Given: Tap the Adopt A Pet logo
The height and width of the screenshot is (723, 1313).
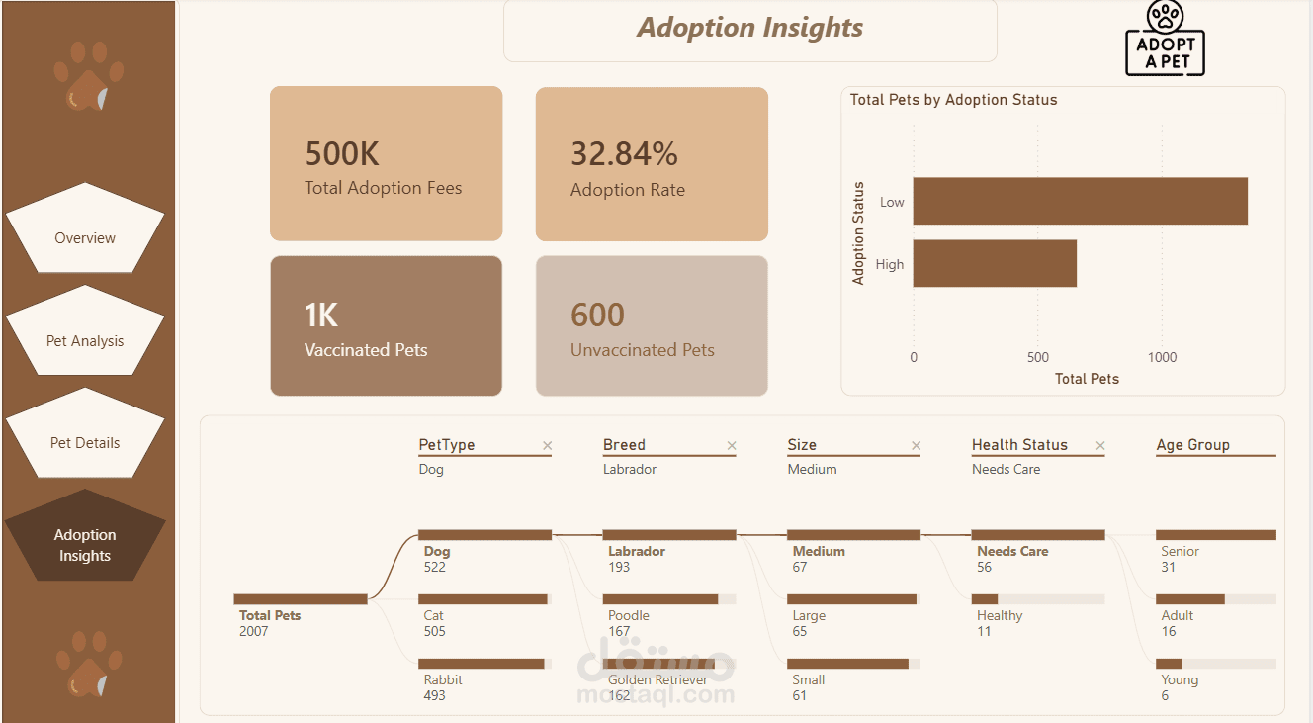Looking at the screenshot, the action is [x=1165, y=39].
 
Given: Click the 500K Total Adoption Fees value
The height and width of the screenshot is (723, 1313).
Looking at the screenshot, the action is [x=342, y=153].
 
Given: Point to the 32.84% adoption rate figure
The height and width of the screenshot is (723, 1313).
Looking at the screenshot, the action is [x=624, y=153].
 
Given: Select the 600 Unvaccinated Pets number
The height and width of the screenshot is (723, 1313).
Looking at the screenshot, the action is [x=597, y=315].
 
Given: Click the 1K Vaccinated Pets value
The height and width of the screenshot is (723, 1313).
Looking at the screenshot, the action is [x=320, y=315].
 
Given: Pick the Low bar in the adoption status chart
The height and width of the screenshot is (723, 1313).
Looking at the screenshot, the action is [x=1081, y=201].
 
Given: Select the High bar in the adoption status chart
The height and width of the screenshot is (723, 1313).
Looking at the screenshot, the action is [x=995, y=263].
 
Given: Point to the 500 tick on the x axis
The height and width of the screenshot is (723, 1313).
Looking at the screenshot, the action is [x=1037, y=357].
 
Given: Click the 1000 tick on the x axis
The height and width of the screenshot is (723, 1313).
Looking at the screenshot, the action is [x=1162, y=357].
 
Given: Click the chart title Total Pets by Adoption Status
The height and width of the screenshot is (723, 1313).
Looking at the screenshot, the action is [x=954, y=100].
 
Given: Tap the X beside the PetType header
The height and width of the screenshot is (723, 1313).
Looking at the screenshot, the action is [x=547, y=446].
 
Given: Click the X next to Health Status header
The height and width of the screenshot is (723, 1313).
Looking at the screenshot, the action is [x=1100, y=446].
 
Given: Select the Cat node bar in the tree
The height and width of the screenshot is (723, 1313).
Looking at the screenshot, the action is [x=483, y=599].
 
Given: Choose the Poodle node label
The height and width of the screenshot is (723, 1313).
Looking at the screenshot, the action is [x=629, y=616].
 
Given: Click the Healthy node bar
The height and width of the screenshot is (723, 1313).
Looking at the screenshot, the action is [x=985, y=599].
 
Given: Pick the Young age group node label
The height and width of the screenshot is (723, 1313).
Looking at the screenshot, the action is [x=1180, y=680].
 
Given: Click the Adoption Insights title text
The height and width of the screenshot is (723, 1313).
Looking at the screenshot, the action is [x=749, y=28].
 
